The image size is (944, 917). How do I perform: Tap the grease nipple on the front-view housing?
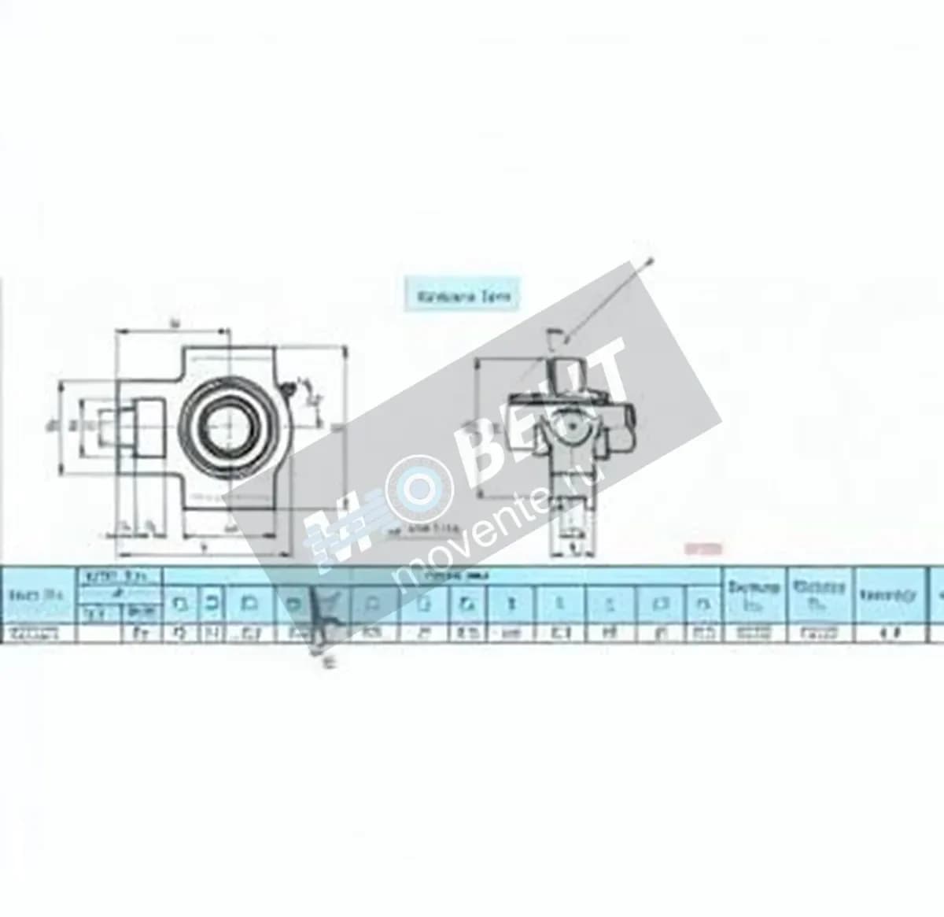click(290, 387)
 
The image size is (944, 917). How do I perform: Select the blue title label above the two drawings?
click(462, 295)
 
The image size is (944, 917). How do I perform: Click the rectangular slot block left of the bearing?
click(146, 429)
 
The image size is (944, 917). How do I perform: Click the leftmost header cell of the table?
click(39, 595)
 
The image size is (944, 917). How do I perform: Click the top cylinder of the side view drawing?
click(568, 374)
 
